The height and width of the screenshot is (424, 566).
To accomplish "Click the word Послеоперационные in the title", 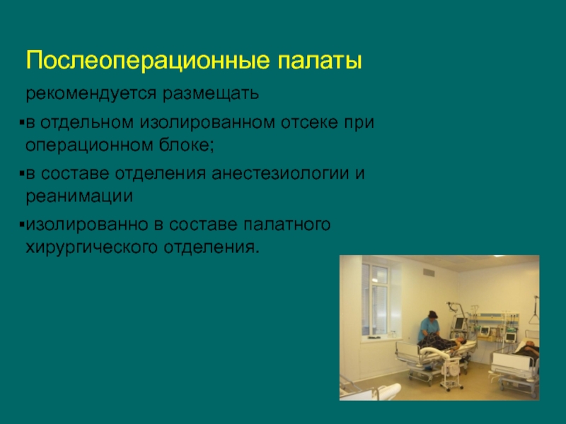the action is pyautogui.click(x=148, y=61).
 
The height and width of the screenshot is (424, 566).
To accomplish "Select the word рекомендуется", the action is pyautogui.click(x=91, y=94).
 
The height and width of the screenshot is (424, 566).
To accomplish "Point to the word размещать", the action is pyautogui.click(x=210, y=94).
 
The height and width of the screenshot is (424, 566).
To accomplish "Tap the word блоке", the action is pyautogui.click(x=187, y=146).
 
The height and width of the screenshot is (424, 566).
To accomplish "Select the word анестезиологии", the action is pyautogui.click(x=280, y=174).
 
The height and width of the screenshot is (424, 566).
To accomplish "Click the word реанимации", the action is pyautogui.click(x=79, y=197).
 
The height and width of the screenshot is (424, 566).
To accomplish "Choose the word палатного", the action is pyautogui.click(x=287, y=225).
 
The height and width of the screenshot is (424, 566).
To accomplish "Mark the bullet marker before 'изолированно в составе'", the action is pyautogui.click(x=22, y=225).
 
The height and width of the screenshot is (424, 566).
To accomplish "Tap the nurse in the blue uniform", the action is pyautogui.click(x=429, y=326).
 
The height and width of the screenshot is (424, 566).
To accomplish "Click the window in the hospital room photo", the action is pyautogui.click(x=375, y=300).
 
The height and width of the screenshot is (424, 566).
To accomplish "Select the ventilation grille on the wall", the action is pyautogui.click(x=429, y=273).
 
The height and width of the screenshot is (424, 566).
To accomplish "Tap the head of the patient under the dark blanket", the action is pyautogui.click(x=461, y=340).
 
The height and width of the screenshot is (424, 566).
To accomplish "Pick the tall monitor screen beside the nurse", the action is pyautogui.click(x=460, y=324).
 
